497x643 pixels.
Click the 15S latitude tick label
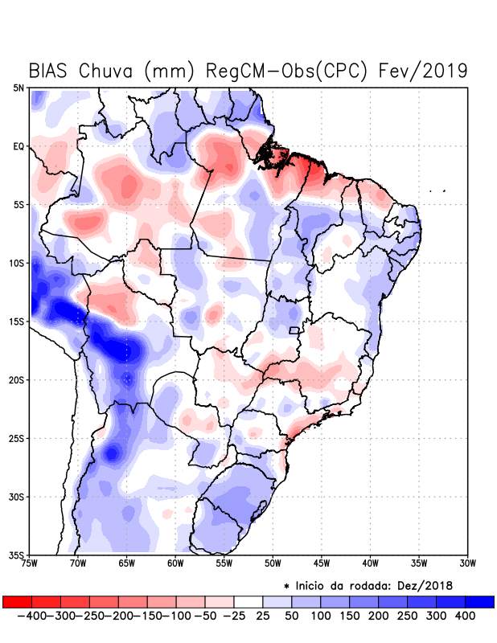(x=17, y=321)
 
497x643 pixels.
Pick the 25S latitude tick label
(x=17, y=438)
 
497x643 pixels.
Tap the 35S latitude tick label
(x=17, y=555)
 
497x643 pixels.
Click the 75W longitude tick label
(x=31, y=563)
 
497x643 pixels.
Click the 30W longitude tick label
(x=467, y=563)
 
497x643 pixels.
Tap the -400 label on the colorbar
(x=32, y=615)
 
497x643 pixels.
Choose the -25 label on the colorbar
(x=234, y=615)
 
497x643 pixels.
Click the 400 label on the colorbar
(x=465, y=615)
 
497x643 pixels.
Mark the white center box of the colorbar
(x=249, y=601)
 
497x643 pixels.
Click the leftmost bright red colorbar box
(x=18, y=601)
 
